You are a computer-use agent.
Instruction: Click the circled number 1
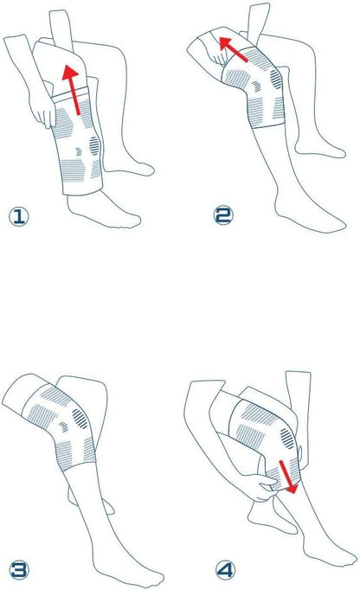coord(19,217)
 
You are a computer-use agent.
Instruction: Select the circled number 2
coord(223,215)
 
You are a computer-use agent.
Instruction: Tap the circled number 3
coord(19,570)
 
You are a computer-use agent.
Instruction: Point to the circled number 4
coord(226,570)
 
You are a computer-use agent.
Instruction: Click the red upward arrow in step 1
coord(73,90)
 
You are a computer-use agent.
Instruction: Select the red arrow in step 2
coord(233,49)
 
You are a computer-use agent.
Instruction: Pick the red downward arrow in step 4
coord(287,477)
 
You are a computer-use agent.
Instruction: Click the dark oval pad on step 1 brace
coord(94,145)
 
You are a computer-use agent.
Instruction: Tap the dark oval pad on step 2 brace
coord(276,79)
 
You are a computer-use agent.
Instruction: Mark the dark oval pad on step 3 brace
coord(80,419)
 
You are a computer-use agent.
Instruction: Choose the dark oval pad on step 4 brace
coord(287,439)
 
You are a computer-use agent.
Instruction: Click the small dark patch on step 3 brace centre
coord(64,426)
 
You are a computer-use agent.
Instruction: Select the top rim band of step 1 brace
coord(70,93)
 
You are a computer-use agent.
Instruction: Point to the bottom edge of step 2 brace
coord(267,125)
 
